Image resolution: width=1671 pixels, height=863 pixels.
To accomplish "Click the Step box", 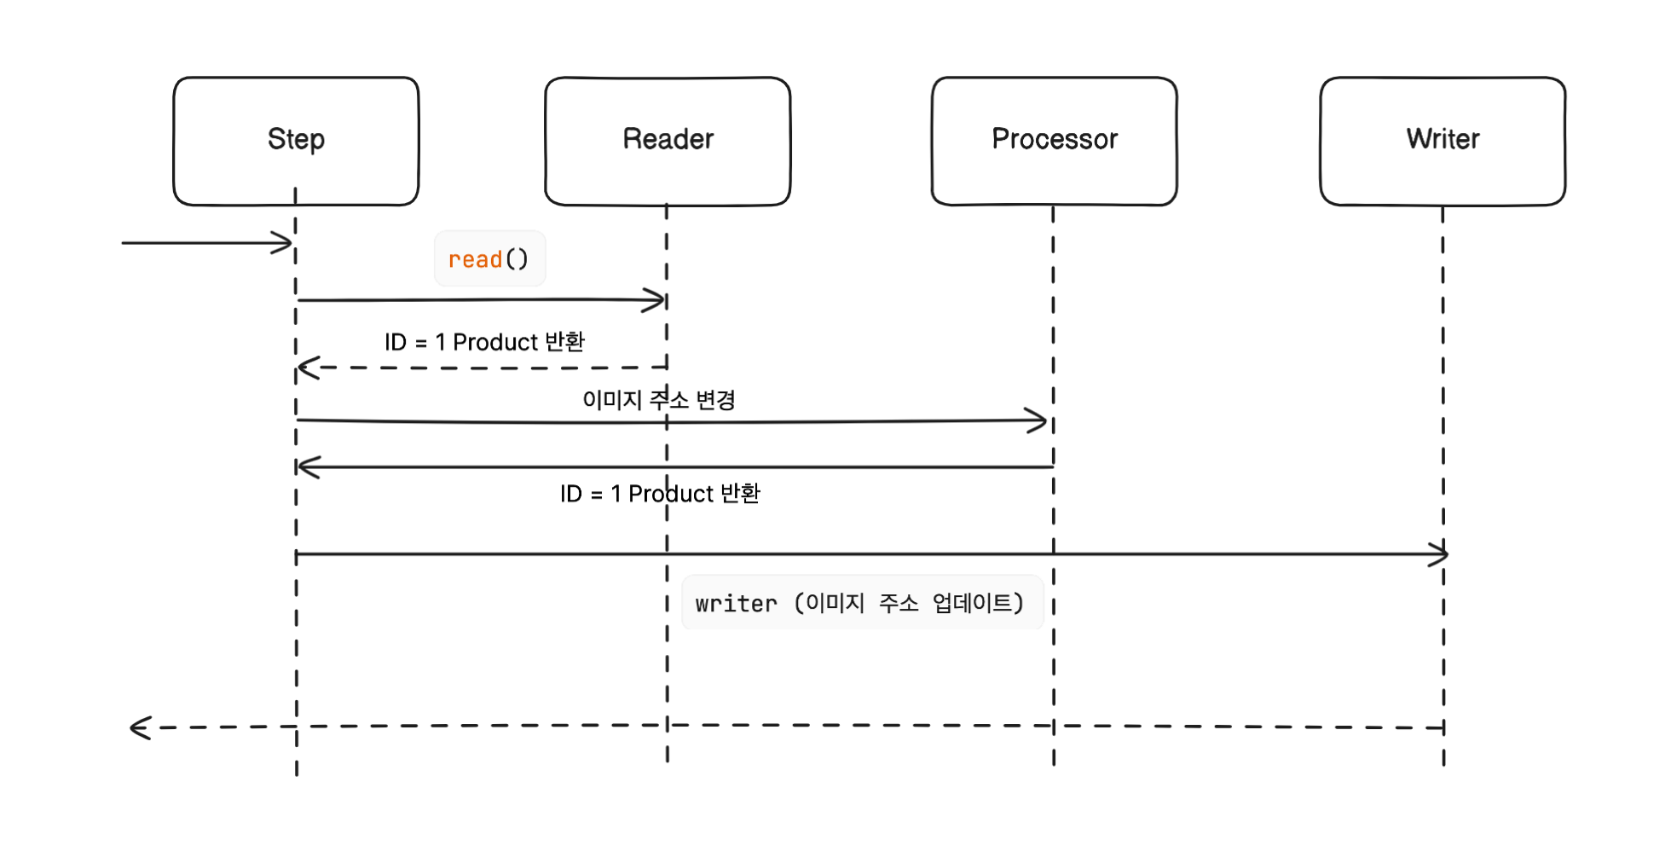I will (296, 141).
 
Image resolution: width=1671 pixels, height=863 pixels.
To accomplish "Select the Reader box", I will (668, 141).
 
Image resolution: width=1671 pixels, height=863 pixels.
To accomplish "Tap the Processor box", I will (1054, 141).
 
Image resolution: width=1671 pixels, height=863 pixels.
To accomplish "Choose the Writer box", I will (1443, 141).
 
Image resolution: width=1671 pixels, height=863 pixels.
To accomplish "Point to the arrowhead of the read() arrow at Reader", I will (658, 300).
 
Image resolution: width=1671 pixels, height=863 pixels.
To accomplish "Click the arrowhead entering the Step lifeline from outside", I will (285, 243).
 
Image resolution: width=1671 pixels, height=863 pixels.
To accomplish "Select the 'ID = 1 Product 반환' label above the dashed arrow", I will (484, 342).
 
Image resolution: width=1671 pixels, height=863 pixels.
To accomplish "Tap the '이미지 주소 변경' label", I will (658, 399).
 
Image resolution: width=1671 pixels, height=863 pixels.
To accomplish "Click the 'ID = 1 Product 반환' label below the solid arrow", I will (660, 493).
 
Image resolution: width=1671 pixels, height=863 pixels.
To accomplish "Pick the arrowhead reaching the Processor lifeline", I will (1039, 420).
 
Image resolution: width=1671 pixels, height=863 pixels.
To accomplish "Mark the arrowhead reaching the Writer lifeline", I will (1439, 554).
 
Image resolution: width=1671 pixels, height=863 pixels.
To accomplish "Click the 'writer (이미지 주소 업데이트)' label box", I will (862, 603).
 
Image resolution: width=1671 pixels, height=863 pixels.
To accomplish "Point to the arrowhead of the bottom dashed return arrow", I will (138, 727).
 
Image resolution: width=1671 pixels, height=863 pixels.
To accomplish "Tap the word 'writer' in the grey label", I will (736, 604).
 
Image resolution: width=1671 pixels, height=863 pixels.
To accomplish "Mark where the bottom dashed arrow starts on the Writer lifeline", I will (1443, 727).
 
